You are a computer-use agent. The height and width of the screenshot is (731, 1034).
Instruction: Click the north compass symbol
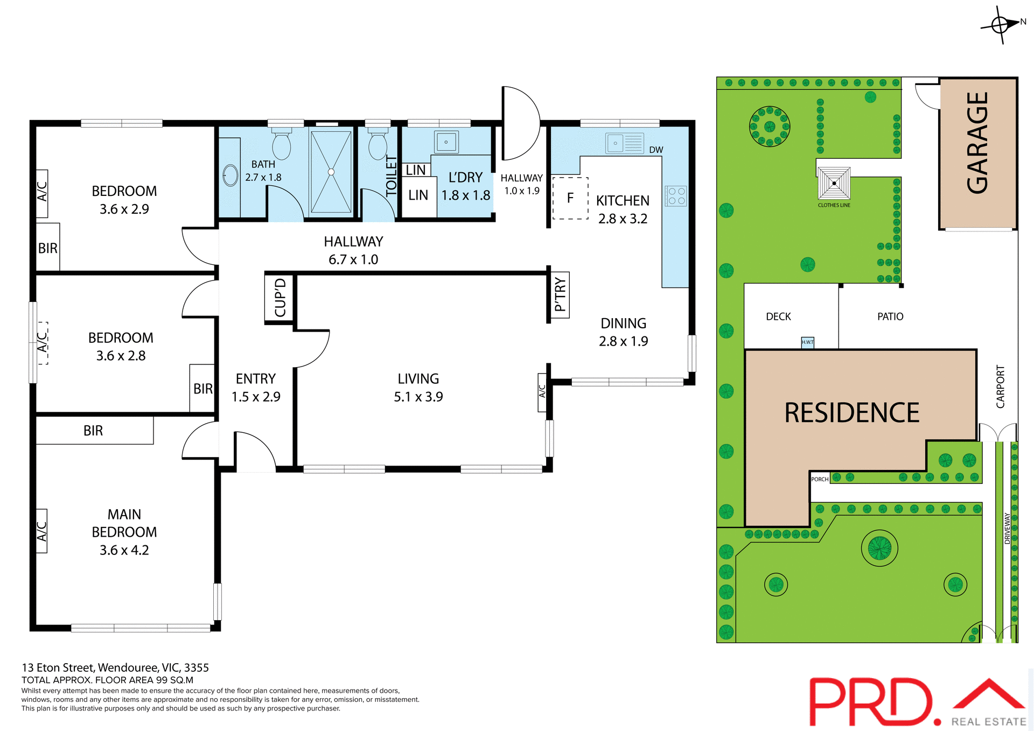1001,24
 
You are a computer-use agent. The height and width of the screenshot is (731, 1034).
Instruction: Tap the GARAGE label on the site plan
977,143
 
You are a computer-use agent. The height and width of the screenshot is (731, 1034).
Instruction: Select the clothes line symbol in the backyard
834,184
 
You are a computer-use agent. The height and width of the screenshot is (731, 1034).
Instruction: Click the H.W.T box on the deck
807,342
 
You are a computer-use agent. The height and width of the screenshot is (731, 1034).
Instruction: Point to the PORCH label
820,479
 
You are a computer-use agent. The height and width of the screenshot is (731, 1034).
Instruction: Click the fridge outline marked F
570,198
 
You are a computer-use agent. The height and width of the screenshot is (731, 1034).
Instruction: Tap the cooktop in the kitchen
675,196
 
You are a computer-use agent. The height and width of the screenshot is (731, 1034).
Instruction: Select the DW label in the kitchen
656,150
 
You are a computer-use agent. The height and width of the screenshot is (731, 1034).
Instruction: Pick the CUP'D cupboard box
280,298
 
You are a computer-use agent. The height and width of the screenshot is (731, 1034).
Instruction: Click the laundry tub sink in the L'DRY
446,142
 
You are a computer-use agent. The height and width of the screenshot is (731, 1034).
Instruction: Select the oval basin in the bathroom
230,175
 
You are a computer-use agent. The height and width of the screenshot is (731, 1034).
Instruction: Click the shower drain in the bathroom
331,172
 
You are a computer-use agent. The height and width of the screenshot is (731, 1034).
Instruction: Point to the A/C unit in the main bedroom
41,531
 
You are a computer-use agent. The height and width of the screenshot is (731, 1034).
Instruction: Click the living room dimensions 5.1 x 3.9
418,397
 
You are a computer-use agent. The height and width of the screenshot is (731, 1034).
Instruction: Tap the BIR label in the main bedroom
93,431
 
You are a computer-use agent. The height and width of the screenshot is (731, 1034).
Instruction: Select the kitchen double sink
625,143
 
